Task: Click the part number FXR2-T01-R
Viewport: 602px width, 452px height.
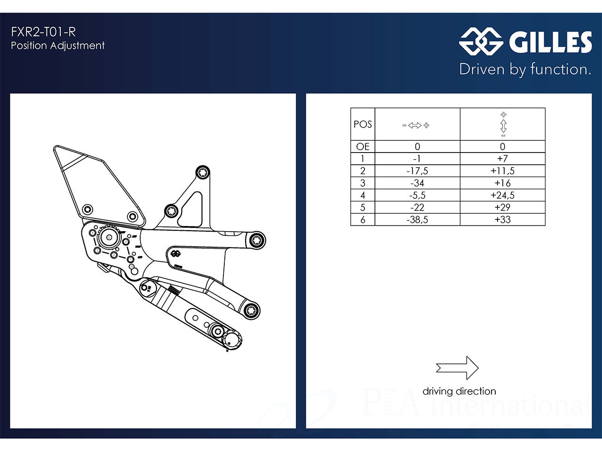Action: coord(43,32)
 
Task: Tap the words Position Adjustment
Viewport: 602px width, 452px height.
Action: coord(57,46)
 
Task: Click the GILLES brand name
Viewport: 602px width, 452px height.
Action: coord(550,42)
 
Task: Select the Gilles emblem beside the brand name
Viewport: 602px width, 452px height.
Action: coord(481,41)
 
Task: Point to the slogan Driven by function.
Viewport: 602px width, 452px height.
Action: coord(525,69)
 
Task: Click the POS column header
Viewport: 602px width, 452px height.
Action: coord(363,124)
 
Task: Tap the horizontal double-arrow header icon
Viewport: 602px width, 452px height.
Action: coord(416,125)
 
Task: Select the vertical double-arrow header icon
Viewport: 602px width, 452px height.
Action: coord(503,125)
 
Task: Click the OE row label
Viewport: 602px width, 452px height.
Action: coord(363,146)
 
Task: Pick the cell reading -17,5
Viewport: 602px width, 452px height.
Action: coord(417,171)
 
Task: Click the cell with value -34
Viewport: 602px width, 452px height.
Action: coord(417,183)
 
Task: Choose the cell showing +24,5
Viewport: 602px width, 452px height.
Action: coord(502,195)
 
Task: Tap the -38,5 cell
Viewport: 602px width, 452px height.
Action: coord(417,219)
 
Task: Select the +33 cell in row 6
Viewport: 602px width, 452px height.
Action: coord(502,219)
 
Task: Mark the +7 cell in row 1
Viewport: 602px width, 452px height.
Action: coord(502,159)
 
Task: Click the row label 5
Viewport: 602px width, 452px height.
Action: coord(363,207)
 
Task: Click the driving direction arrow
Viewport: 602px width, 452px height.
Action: coord(457,368)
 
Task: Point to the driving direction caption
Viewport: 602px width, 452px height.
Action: coord(459,391)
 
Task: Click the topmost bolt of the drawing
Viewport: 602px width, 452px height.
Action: coord(203,173)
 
